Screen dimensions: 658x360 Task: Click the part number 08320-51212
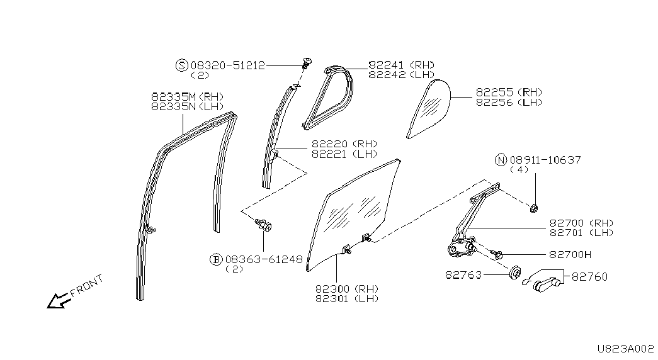click(x=228, y=65)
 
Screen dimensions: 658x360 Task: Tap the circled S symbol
click(x=181, y=65)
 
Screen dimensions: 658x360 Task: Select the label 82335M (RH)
click(x=187, y=96)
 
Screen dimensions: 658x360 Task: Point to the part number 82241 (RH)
click(x=402, y=65)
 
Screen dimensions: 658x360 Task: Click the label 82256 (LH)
click(x=509, y=103)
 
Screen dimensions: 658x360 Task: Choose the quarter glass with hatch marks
click(x=429, y=109)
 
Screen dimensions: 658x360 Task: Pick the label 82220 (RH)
click(x=344, y=144)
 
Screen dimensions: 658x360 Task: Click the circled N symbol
click(x=501, y=160)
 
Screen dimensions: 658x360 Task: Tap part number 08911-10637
click(x=545, y=160)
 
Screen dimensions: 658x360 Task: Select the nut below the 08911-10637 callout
click(x=534, y=207)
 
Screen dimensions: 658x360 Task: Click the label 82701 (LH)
click(x=582, y=233)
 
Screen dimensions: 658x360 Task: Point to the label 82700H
click(x=570, y=255)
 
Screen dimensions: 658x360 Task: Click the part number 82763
click(x=463, y=275)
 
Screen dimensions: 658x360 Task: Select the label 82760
click(x=589, y=276)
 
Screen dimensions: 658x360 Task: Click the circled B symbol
click(x=216, y=260)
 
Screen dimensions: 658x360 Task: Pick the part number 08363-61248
click(x=264, y=260)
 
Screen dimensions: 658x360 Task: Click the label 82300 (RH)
click(x=347, y=289)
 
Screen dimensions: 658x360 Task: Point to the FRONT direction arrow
click(x=59, y=300)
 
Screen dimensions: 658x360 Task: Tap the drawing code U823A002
click(x=626, y=349)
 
